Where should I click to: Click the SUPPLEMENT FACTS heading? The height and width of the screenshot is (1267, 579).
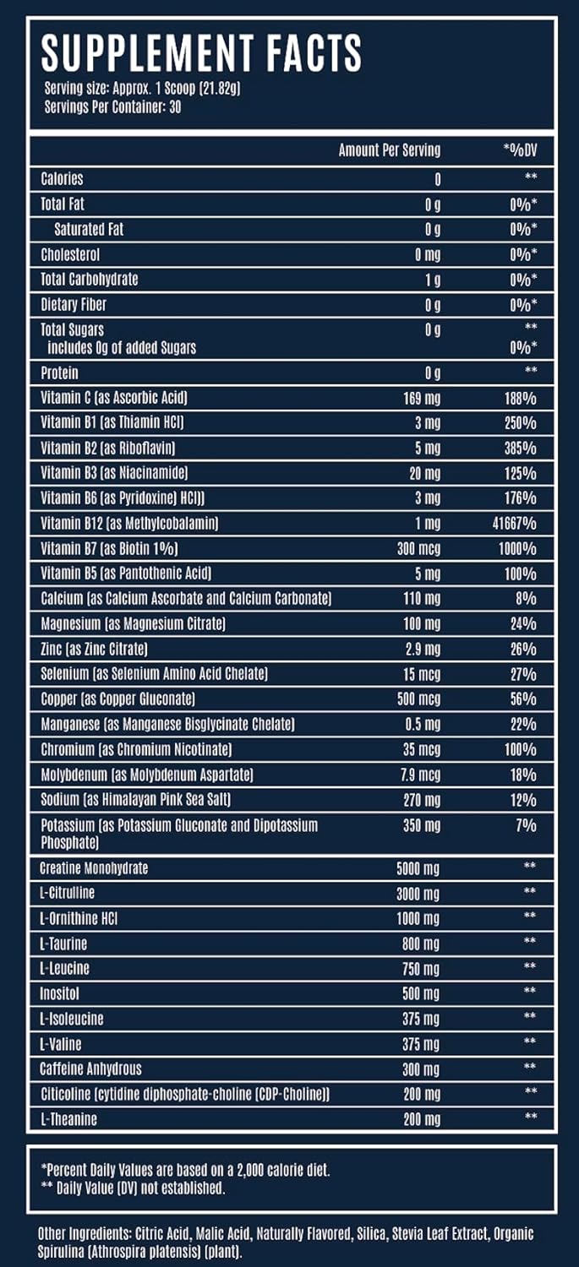pos(201,52)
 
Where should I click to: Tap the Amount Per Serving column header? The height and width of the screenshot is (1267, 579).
pos(389,150)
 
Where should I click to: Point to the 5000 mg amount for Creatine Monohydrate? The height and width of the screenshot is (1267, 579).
pos(418,868)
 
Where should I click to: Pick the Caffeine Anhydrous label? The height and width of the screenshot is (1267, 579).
pos(91,1069)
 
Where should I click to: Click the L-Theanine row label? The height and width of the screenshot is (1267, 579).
pos(68,1119)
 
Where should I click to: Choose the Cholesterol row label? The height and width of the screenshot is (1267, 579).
pos(71,254)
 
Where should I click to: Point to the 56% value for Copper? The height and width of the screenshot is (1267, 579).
pos(523,699)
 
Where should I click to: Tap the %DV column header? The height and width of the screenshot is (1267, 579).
pos(520,150)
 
